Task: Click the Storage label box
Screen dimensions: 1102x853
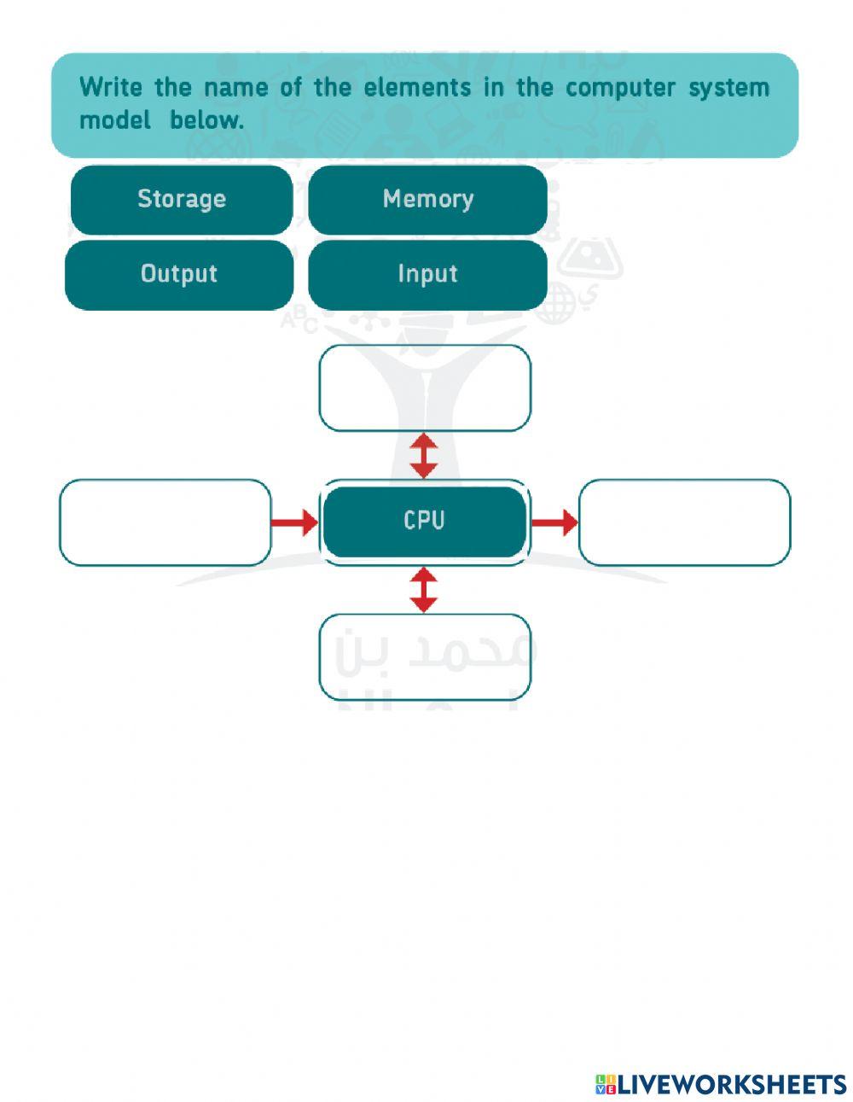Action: tap(181, 200)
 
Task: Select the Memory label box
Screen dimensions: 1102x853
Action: tap(427, 200)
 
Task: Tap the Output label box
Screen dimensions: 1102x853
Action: tap(179, 274)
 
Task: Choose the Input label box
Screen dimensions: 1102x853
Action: tap(427, 274)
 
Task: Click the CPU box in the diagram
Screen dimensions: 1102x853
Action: tap(424, 521)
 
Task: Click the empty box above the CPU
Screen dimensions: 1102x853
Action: tap(425, 388)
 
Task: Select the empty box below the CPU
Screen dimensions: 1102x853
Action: tap(425, 656)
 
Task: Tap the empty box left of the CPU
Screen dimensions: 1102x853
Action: tap(165, 522)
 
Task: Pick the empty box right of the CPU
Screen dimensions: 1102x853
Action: tap(684, 522)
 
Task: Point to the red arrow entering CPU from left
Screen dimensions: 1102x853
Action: tap(294, 522)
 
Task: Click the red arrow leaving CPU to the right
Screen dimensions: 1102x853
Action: tap(554, 522)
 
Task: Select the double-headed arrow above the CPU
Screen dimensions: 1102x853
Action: tap(424, 455)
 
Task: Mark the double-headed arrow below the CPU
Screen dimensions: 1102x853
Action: tap(424, 590)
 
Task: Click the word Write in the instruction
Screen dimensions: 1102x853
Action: tap(110, 87)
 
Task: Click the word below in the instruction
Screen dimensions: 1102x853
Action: tap(206, 120)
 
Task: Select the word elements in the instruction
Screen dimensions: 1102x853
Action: tap(417, 87)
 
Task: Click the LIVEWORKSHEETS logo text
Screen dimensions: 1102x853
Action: tap(732, 1084)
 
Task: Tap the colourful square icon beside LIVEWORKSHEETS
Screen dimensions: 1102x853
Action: tap(605, 1084)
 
